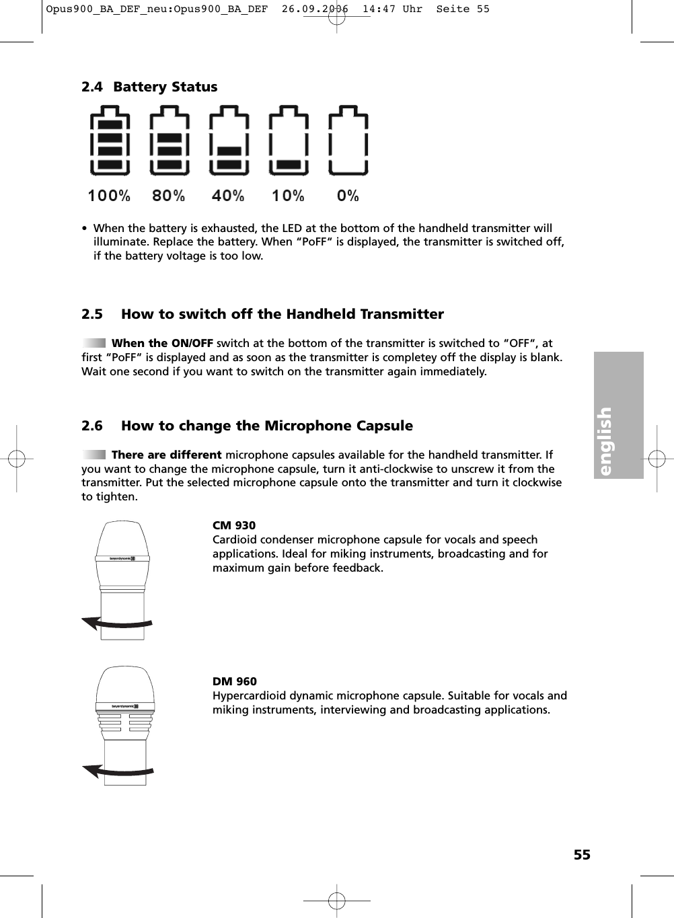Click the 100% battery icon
pyautogui.click(x=110, y=141)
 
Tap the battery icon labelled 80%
pyautogui.click(x=170, y=141)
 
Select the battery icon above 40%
pyautogui.click(x=229, y=141)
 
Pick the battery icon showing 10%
pyautogui.click(x=289, y=141)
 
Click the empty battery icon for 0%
pyautogui.click(x=348, y=141)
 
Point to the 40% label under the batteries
pyautogui.click(x=228, y=196)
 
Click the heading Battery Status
pyautogui.click(x=165, y=87)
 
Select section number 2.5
pyautogui.click(x=92, y=314)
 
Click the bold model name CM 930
pyautogui.click(x=234, y=525)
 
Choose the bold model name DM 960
pyautogui.click(x=235, y=681)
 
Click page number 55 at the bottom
pyautogui.click(x=582, y=855)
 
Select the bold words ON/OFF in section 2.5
pyautogui.click(x=192, y=343)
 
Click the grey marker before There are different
pyautogui.click(x=93, y=455)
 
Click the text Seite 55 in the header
pyautogui.click(x=463, y=9)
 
